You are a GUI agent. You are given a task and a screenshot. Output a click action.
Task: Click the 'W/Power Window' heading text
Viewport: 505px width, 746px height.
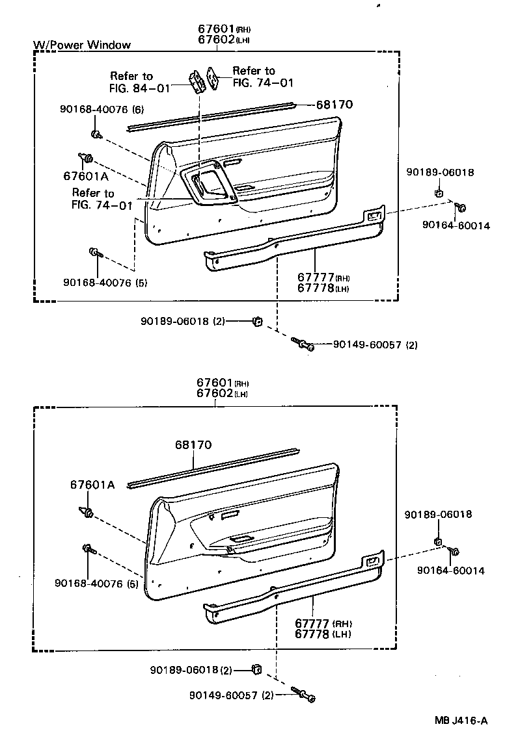pyautogui.click(x=82, y=45)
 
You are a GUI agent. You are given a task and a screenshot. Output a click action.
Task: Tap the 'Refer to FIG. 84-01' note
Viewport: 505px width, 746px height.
pyautogui.click(x=131, y=81)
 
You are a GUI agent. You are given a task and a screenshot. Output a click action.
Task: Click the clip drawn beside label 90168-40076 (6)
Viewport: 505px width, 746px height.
pyautogui.click(x=96, y=135)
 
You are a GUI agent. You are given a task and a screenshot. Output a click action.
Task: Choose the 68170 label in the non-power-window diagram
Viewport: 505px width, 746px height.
pyautogui.click(x=193, y=445)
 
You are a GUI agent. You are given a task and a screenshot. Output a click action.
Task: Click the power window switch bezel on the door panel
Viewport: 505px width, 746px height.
pyautogui.click(x=208, y=186)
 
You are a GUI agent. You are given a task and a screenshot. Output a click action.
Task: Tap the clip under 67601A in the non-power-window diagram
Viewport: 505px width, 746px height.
pyautogui.click(x=87, y=513)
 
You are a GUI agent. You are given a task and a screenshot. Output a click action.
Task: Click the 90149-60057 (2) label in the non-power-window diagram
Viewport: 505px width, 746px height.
pyautogui.click(x=231, y=695)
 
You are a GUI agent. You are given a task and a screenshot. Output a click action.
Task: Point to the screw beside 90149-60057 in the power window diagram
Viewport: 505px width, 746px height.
pyautogui.click(x=303, y=344)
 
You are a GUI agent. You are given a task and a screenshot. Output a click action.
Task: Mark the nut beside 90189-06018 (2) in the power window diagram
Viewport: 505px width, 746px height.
pyautogui.click(x=257, y=320)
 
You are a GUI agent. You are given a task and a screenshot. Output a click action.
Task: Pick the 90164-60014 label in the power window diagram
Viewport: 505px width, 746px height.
pyautogui.click(x=456, y=225)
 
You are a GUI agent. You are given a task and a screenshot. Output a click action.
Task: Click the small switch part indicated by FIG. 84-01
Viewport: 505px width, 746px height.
pyautogui.click(x=196, y=81)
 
